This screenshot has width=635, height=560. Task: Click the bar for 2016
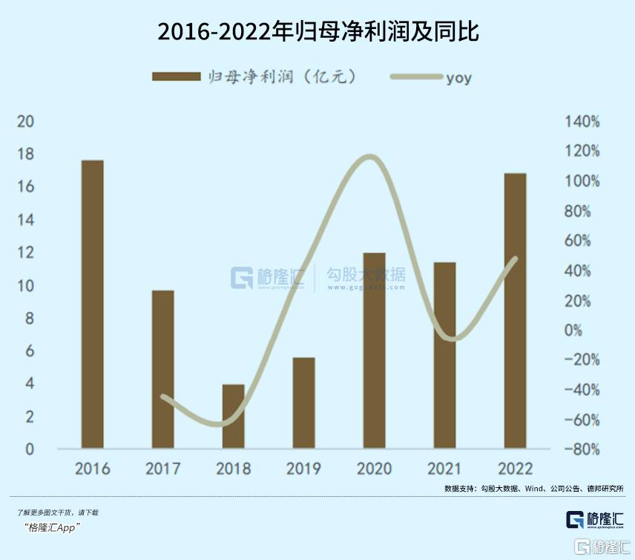(x=93, y=305)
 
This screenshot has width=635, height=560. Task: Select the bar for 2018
(x=234, y=417)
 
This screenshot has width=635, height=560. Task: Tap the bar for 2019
(x=304, y=403)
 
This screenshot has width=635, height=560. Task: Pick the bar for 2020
(x=375, y=351)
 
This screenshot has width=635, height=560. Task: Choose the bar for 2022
(x=515, y=311)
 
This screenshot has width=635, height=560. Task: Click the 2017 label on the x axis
(x=162, y=469)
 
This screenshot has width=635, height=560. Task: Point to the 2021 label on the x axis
(x=444, y=469)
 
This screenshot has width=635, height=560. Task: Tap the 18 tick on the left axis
(x=24, y=154)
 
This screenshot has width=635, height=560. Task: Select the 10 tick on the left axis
(x=24, y=286)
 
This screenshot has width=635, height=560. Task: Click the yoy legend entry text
(x=458, y=77)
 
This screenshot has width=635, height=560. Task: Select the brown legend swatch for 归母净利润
(x=176, y=76)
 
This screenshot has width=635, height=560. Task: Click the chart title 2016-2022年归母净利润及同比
(x=318, y=32)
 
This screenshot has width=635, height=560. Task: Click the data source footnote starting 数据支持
(x=534, y=488)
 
